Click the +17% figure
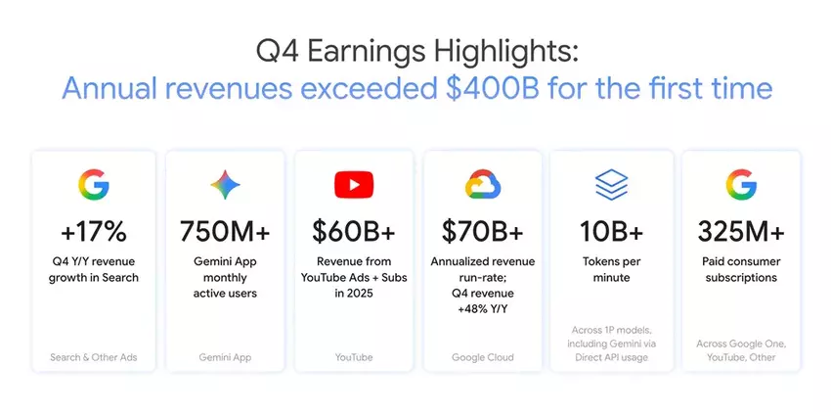pyautogui.click(x=93, y=232)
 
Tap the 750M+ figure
pyautogui.click(x=225, y=232)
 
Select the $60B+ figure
pyautogui.click(x=354, y=232)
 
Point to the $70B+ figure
pyautogui.click(x=482, y=232)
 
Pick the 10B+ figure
pyautogui.click(x=611, y=232)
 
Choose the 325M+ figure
pyautogui.click(x=741, y=232)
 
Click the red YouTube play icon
pyautogui.click(x=354, y=185)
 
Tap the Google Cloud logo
pyautogui.click(x=483, y=185)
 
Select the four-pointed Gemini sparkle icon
pyautogui.click(x=225, y=185)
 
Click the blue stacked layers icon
pyautogui.click(x=612, y=185)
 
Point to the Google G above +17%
pyautogui.click(x=94, y=185)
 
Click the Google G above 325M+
pyautogui.click(x=741, y=185)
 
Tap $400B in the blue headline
pyautogui.click(x=493, y=89)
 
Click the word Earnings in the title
pyautogui.click(x=366, y=53)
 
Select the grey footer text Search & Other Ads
pyautogui.click(x=94, y=357)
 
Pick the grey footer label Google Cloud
pyautogui.click(x=483, y=357)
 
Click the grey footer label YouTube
pyautogui.click(x=354, y=357)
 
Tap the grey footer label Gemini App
pyautogui.click(x=225, y=358)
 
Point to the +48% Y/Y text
pyautogui.click(x=483, y=309)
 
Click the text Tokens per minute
pyautogui.click(x=612, y=269)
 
